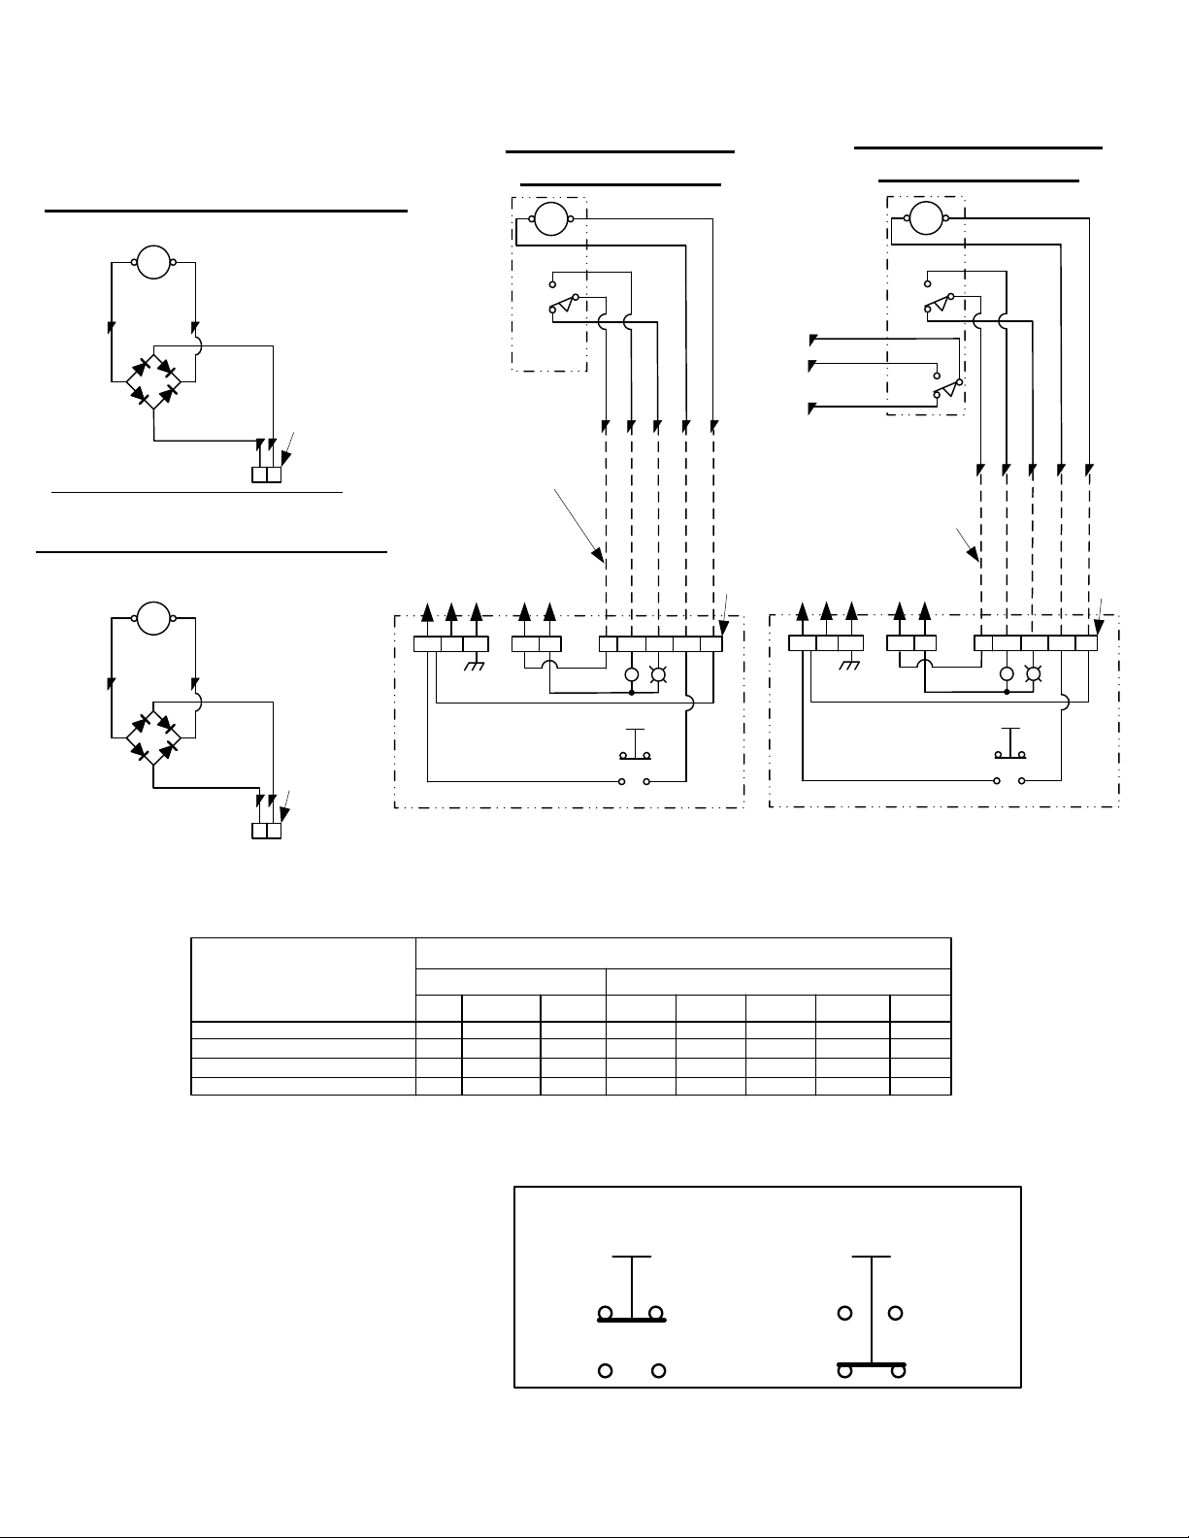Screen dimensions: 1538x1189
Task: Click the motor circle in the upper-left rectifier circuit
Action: coord(153,262)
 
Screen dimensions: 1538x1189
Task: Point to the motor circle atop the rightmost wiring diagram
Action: coord(926,218)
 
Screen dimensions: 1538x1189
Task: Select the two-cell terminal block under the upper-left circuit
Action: coord(266,475)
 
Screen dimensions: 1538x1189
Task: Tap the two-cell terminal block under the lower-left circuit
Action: coord(266,832)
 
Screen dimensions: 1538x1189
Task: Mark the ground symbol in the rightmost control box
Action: coord(850,666)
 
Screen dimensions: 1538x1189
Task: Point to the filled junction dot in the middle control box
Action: coord(632,693)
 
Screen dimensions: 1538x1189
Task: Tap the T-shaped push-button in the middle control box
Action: coord(635,745)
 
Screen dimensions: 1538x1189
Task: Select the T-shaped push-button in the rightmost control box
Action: coord(1010,744)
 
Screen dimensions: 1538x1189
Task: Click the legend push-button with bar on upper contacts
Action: coord(632,1292)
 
